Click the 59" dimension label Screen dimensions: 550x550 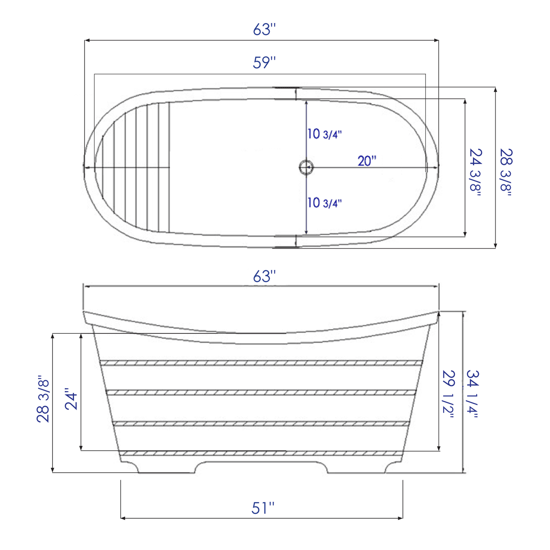click(264, 63)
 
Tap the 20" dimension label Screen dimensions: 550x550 click(367, 161)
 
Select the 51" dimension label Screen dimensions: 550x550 click(263, 508)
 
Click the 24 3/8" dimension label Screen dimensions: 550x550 click(475, 172)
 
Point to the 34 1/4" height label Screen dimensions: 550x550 click(472, 394)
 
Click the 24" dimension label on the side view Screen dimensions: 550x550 click(72, 399)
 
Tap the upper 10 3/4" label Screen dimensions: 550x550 click(324, 134)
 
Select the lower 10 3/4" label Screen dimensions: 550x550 click(324, 203)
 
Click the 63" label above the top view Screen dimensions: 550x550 click(264, 30)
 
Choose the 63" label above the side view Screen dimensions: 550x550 click(264, 277)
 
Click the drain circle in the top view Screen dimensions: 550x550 click(306, 167)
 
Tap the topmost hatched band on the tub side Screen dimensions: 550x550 click(261, 363)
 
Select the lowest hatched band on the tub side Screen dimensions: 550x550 click(261, 453)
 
